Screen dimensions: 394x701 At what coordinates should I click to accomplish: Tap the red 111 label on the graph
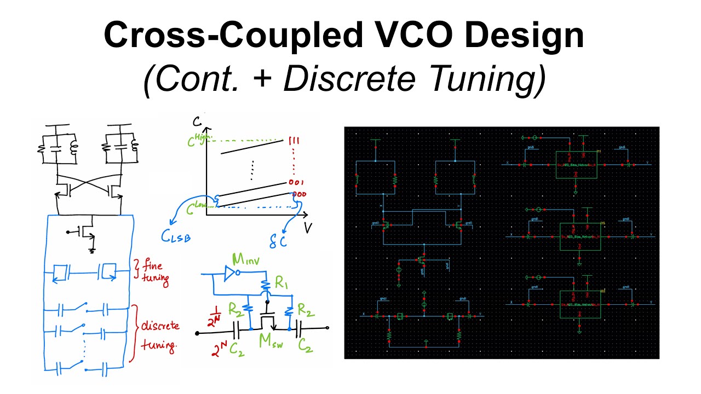(x=291, y=142)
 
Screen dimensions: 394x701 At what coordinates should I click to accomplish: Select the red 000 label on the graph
(x=298, y=195)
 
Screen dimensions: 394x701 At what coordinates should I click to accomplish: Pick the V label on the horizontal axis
(x=308, y=227)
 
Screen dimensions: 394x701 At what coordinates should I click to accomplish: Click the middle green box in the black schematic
(x=579, y=236)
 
